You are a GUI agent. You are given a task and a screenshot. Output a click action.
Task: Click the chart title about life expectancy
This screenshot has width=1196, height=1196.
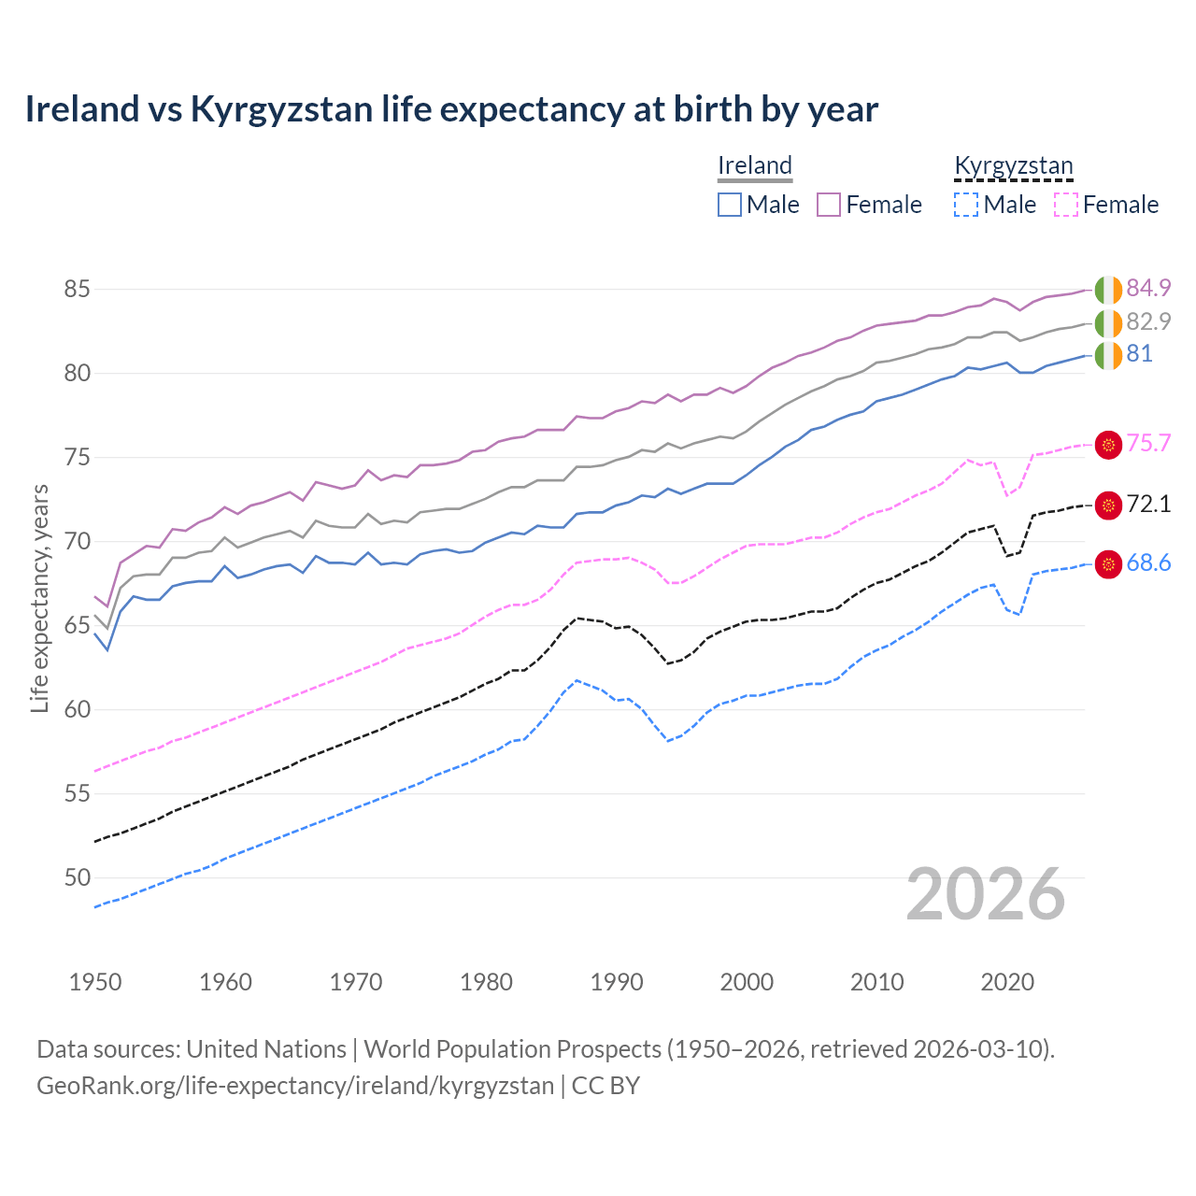[451, 109]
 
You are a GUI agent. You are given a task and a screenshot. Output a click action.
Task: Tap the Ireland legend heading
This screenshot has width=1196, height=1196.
[755, 165]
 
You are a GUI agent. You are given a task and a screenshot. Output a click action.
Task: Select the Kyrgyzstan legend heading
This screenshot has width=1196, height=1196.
[1013, 165]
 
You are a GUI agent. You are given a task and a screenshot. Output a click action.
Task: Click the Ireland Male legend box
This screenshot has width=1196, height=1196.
[730, 205]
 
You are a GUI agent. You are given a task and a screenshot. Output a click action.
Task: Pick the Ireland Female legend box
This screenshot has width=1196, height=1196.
[829, 205]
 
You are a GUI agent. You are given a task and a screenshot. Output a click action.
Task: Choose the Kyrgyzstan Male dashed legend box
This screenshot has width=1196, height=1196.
[966, 205]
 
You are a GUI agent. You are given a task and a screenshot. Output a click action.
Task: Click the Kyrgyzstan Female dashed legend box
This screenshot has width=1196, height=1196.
[1066, 205]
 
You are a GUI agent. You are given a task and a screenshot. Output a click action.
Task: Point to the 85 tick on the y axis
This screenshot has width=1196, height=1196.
[77, 290]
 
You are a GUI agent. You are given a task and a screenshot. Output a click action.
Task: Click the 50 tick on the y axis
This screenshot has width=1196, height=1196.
[77, 877]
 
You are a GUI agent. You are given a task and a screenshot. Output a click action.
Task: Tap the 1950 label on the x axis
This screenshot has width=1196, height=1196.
[95, 982]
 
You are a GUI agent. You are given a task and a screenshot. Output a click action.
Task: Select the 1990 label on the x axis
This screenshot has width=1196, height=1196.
[617, 982]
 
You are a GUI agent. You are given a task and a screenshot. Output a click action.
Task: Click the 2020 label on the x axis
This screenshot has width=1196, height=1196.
[1007, 982]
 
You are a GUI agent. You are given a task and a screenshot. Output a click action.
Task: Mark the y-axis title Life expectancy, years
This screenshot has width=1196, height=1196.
[39, 598]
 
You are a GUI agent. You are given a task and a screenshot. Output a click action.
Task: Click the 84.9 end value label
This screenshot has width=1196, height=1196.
[1148, 288]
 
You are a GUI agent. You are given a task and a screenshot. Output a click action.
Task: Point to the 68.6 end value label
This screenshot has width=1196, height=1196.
[1148, 563]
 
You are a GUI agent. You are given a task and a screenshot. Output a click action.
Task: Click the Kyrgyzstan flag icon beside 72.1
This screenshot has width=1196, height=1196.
[1108, 505]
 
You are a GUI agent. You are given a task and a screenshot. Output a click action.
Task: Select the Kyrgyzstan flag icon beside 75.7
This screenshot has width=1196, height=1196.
[1108, 445]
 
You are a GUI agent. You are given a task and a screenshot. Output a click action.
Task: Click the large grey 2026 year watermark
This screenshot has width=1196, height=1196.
[986, 894]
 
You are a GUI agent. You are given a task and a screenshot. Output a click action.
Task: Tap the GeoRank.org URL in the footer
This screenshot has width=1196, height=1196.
[295, 1086]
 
